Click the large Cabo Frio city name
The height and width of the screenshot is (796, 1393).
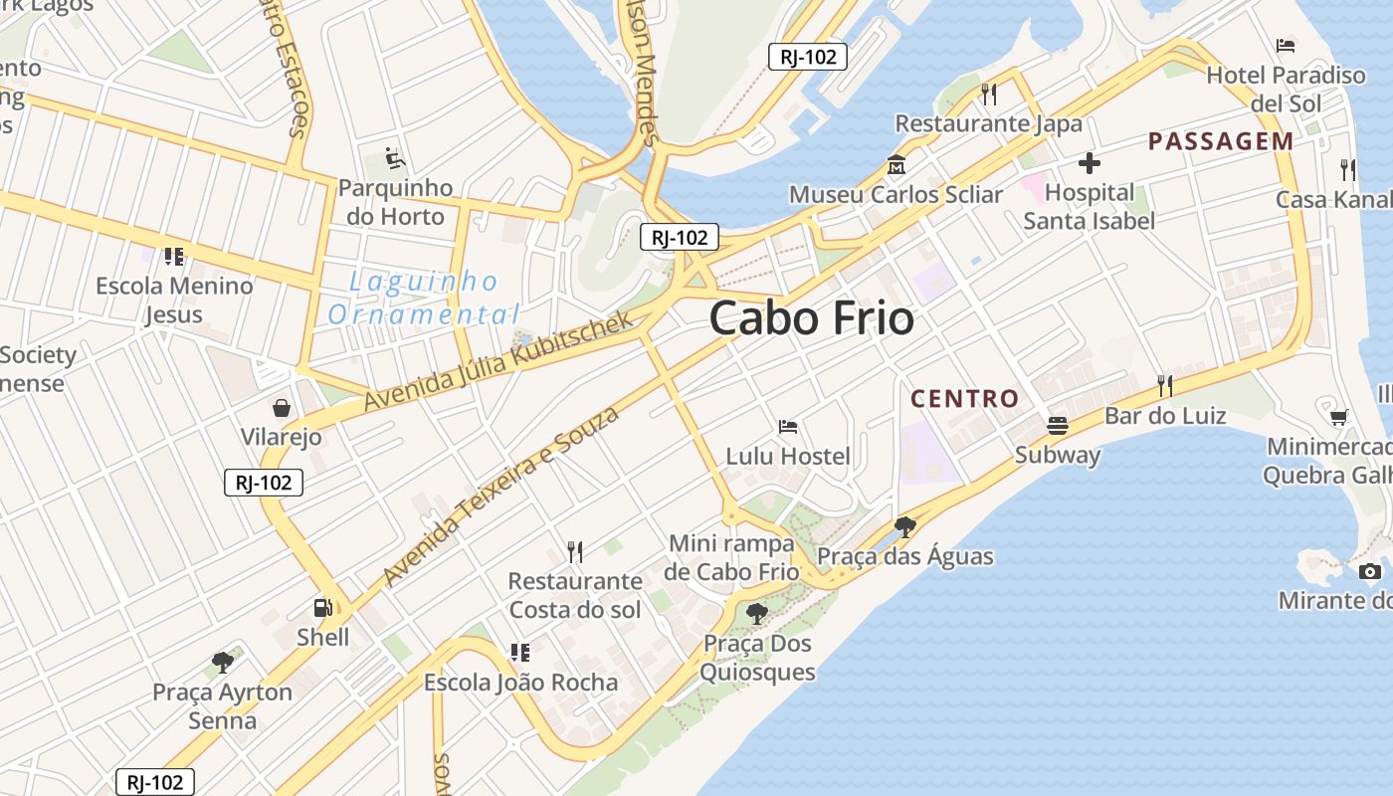(x=811, y=318)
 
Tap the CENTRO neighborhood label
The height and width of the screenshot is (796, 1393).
(x=964, y=400)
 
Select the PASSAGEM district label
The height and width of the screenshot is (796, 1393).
(x=1221, y=141)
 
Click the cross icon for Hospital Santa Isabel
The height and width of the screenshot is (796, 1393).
(x=1090, y=163)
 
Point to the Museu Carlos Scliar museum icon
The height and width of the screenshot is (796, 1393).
(x=895, y=165)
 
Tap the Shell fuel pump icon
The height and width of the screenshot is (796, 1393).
(x=323, y=607)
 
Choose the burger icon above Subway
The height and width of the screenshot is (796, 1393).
(x=1057, y=426)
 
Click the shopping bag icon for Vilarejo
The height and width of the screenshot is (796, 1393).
(x=282, y=408)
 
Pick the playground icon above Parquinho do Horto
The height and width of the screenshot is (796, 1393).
(x=395, y=158)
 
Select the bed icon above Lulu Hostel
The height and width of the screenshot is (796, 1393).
(x=788, y=427)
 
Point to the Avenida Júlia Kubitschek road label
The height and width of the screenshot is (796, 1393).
(x=498, y=361)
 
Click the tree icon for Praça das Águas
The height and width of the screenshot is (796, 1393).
(x=904, y=526)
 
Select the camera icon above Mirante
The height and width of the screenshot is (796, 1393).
(x=1370, y=571)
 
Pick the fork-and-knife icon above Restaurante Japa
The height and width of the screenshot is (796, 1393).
(x=989, y=95)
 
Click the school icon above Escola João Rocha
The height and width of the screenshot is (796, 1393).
(x=520, y=653)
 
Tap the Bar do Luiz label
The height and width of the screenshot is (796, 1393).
(x=1165, y=415)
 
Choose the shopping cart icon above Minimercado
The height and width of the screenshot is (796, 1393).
(x=1339, y=417)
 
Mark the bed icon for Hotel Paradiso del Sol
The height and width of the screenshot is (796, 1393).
(x=1286, y=46)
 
